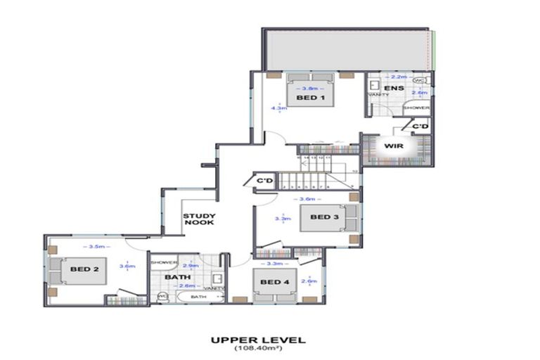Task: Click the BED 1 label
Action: click(309, 98)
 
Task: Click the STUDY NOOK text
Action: click(199, 219)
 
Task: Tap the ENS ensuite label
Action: click(393, 88)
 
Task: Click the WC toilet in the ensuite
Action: click(419, 80)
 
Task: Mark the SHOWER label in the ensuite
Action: click(416, 108)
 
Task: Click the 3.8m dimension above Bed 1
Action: click(309, 89)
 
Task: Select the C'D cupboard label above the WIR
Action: click(420, 126)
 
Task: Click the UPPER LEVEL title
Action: click(258, 340)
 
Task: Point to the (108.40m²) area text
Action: click(258, 349)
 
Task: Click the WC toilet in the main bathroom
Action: click(162, 296)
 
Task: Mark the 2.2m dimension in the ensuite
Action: click(398, 76)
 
